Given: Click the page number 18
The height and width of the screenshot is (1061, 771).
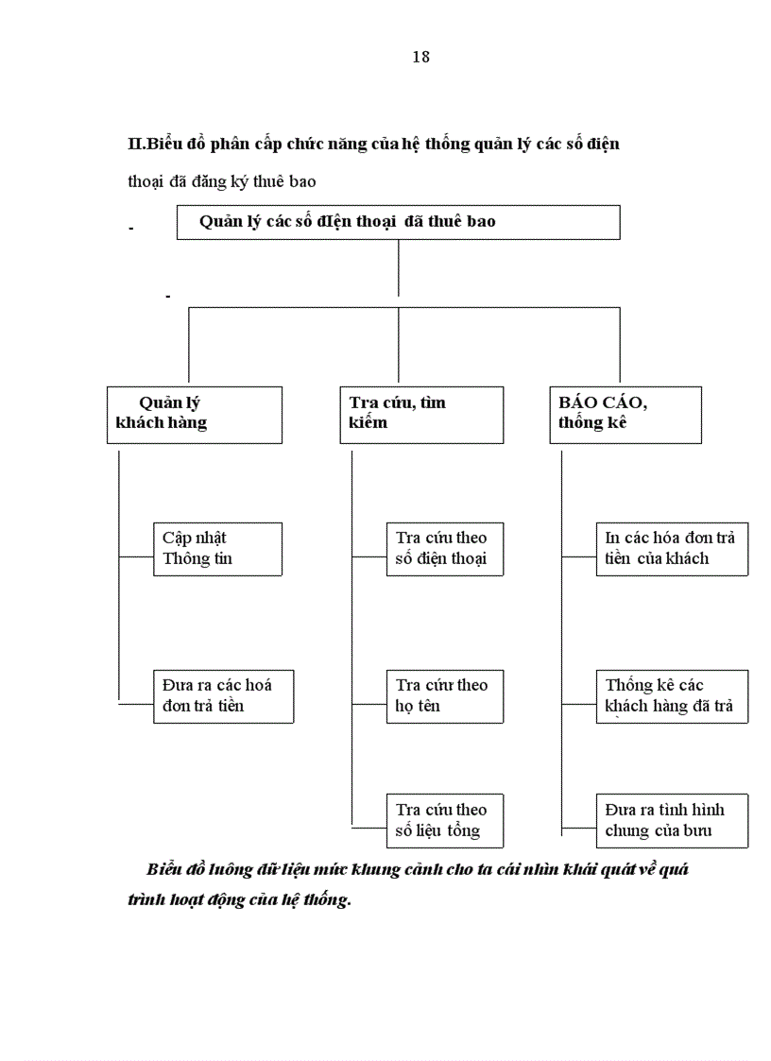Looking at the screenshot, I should (x=421, y=57).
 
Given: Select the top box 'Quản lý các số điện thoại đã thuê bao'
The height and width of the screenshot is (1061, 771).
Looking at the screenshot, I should (x=398, y=222).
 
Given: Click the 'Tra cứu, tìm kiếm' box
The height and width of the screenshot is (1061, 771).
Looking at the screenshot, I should (x=421, y=414).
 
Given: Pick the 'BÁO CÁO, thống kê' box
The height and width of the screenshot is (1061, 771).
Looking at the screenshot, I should (x=625, y=414).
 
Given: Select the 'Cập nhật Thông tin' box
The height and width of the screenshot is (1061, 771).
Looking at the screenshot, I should (x=217, y=549).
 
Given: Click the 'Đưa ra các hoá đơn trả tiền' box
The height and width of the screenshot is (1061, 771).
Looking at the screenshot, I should (x=223, y=696).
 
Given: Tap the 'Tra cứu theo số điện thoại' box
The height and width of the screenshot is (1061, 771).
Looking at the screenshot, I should (x=444, y=549).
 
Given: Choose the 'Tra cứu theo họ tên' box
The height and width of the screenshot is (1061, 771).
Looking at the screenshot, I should (x=444, y=696).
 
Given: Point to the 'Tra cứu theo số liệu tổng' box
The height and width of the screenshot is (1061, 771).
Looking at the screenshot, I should (x=444, y=820).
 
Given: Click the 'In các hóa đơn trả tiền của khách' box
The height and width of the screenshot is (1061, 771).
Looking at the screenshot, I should (x=671, y=549).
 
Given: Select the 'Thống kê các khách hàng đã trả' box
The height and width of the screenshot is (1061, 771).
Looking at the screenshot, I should (x=671, y=696).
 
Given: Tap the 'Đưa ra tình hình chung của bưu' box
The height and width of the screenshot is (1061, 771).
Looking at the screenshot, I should (x=671, y=820).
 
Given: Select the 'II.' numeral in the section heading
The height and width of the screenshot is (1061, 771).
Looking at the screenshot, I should (x=134, y=145).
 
